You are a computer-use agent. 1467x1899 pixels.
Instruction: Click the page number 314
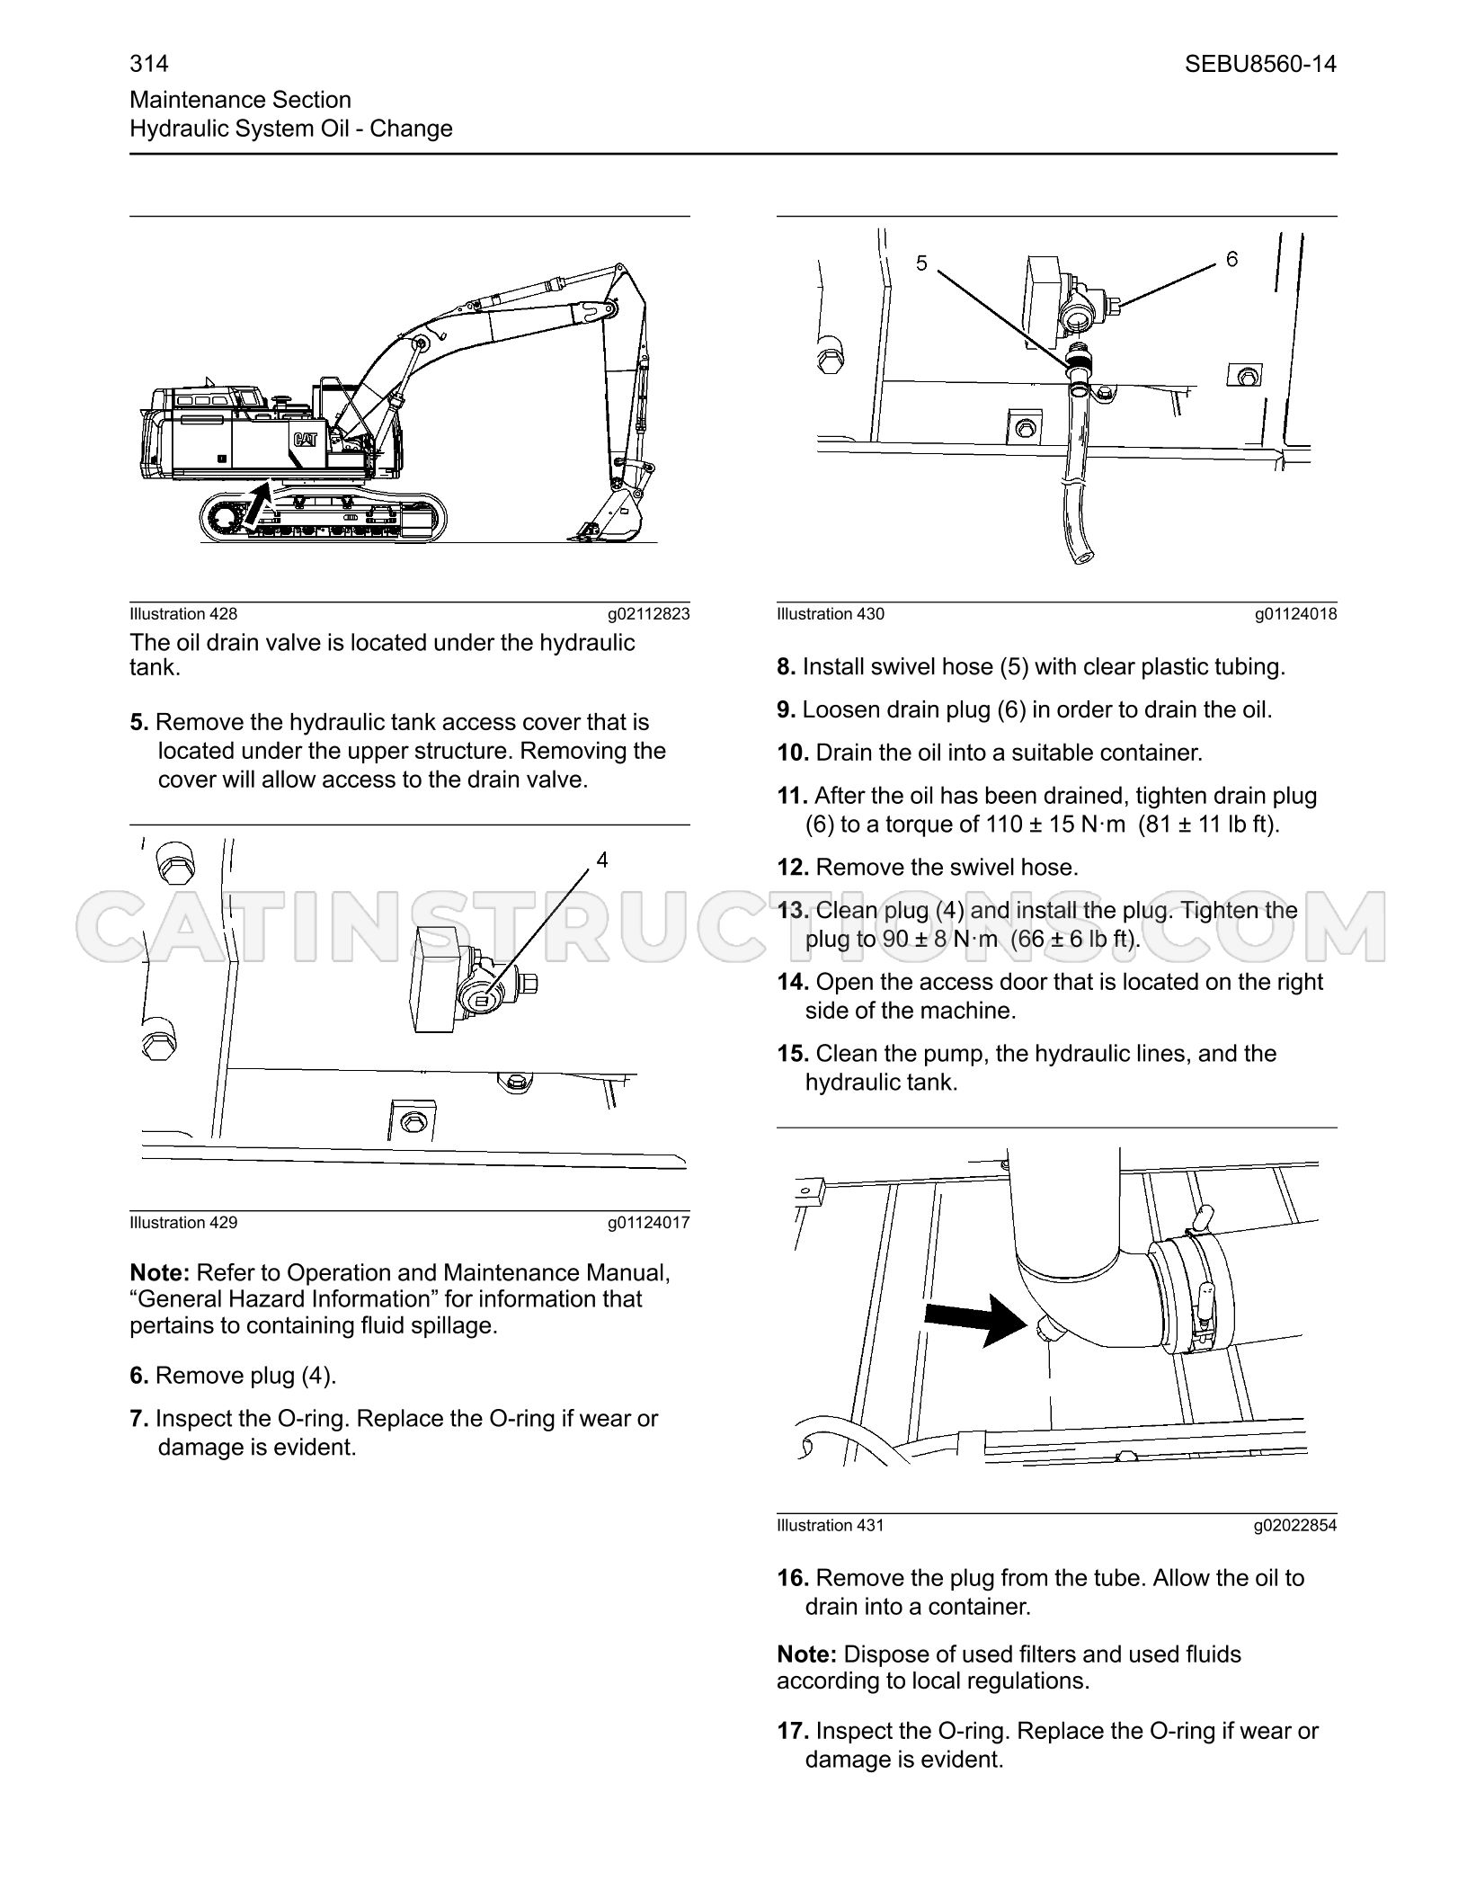(x=149, y=64)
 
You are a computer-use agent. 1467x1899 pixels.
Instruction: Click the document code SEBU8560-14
(x=1260, y=64)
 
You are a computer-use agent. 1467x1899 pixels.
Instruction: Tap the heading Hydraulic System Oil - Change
(x=291, y=129)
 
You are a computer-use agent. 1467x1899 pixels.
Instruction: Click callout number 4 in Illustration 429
(x=602, y=860)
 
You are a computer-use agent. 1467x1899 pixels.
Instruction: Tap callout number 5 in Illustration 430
(x=921, y=263)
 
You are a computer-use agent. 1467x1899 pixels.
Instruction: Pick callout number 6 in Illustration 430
(x=1231, y=259)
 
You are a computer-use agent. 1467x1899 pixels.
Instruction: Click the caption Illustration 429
(x=183, y=1222)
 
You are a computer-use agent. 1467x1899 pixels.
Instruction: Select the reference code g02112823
(x=649, y=614)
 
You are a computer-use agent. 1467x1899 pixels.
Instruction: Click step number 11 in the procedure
(x=794, y=796)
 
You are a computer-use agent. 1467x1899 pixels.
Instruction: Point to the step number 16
(x=794, y=1578)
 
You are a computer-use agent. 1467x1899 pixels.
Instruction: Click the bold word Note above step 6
(x=159, y=1273)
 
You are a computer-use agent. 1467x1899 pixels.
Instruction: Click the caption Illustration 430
(x=831, y=614)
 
